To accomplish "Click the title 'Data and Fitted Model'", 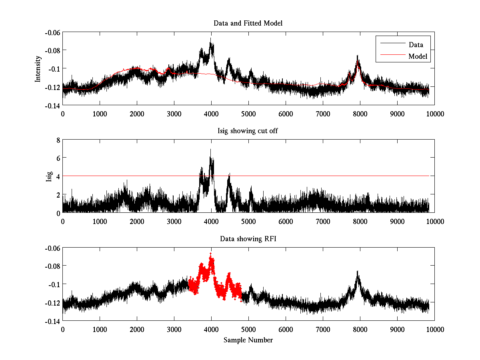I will tap(248, 23).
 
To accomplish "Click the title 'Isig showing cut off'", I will tap(248, 131).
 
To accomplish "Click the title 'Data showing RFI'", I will tap(248, 239).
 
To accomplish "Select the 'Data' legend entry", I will tap(416, 44).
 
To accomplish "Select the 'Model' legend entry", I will tap(418, 56).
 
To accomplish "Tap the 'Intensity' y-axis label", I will tap(38, 68).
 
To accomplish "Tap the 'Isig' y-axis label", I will tap(49, 176).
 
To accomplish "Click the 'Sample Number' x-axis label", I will tap(248, 340).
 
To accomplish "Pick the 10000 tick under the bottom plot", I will tap(434, 329).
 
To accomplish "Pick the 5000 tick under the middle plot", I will tap(248, 221).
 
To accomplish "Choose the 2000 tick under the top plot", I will tap(137, 114).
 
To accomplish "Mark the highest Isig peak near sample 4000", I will tap(210, 150).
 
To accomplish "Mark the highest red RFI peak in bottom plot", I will tap(211, 254).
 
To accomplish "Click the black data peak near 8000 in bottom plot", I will tap(358, 272).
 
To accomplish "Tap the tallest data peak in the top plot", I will tap(210, 38).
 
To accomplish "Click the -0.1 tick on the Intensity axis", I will tap(54, 68).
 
